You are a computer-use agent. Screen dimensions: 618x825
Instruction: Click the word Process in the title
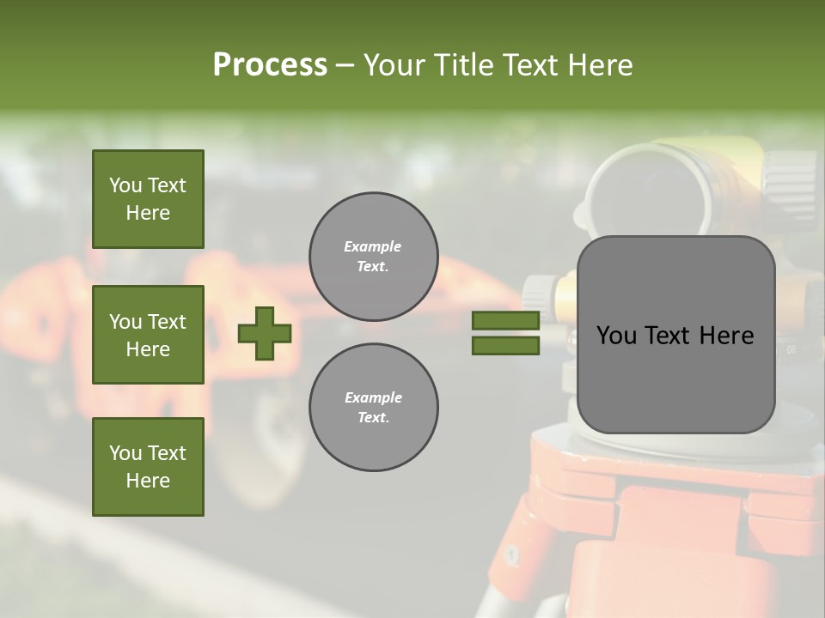click(270, 65)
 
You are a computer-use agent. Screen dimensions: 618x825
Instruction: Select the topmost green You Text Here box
click(148, 199)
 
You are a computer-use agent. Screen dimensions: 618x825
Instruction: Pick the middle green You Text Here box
click(148, 335)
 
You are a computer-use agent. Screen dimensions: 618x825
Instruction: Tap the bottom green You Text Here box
click(148, 467)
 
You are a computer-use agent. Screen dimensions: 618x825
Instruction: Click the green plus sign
click(265, 333)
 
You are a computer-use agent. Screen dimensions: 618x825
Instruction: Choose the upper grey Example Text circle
click(373, 257)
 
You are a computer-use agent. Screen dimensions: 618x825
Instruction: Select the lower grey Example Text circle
click(373, 408)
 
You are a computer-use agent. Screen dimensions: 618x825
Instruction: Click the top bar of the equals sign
click(505, 321)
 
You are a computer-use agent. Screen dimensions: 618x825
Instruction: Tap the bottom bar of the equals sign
click(505, 345)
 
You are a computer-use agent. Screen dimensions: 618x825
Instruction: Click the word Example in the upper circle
click(373, 246)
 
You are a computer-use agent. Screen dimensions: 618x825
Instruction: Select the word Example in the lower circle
click(373, 397)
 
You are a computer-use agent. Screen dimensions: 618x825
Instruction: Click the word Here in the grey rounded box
click(726, 336)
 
